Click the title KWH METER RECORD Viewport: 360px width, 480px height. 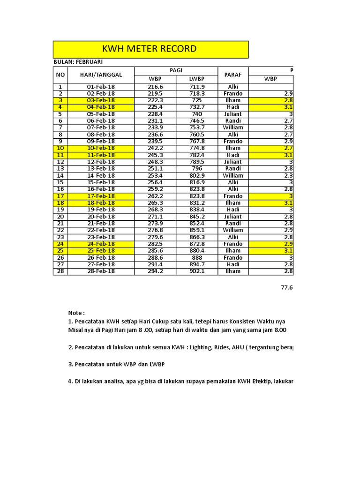click(x=150, y=49)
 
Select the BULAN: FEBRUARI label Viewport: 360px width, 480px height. click(x=78, y=62)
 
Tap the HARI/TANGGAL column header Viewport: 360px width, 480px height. click(x=101, y=75)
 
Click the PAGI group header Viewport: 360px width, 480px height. click(x=176, y=70)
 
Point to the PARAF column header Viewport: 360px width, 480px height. click(x=233, y=75)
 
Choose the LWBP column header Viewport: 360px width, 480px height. click(x=197, y=79)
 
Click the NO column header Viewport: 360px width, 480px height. click(x=60, y=75)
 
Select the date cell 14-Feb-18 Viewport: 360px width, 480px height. click(x=101, y=176)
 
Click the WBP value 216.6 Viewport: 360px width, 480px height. click(x=155, y=87)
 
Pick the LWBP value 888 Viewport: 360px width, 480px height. click(x=197, y=258)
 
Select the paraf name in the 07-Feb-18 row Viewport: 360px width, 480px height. click(x=233, y=127)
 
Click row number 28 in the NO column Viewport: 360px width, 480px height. click(x=60, y=271)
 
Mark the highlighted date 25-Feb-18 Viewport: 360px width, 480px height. click(x=101, y=251)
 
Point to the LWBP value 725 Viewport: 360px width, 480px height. click(x=197, y=100)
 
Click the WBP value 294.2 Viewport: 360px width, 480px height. click(x=155, y=271)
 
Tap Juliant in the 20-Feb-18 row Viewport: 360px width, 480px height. click(x=233, y=217)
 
